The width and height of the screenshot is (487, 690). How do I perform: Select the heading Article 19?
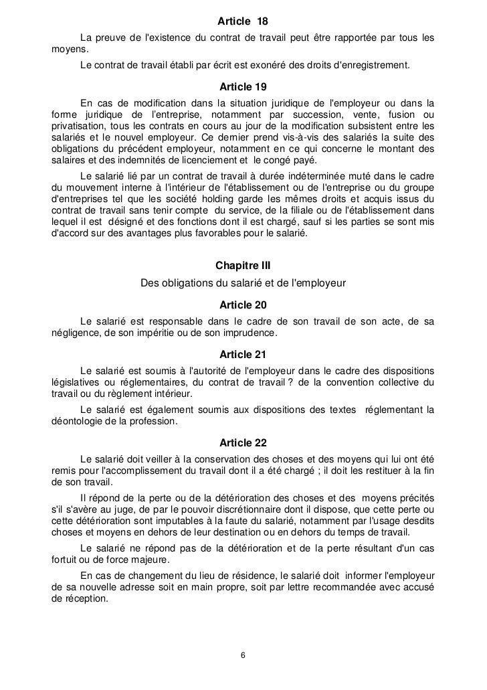[243, 87]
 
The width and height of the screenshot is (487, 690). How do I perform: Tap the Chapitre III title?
[243, 266]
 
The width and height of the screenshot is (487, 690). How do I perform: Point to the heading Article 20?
[243, 305]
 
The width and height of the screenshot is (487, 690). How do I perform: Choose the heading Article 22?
[243, 442]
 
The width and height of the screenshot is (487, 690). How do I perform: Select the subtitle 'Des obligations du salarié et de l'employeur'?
[243, 283]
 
